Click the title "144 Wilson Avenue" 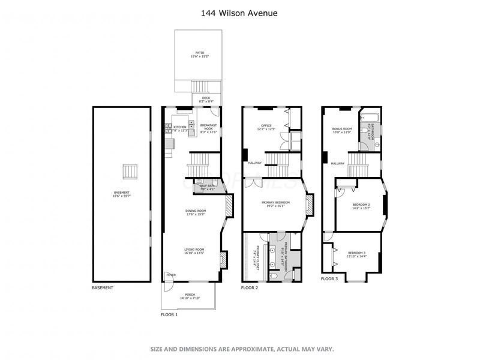[x=239, y=13]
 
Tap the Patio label [x=199, y=52]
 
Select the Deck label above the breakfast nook [x=206, y=98]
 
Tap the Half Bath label [x=207, y=187]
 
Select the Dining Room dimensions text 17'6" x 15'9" [x=195, y=214]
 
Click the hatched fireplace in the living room [x=223, y=260]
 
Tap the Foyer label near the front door [x=171, y=275]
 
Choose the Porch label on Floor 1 [x=190, y=294]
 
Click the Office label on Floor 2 [x=266, y=125]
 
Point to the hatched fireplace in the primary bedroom [x=310, y=205]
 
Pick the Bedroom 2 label [x=361, y=205]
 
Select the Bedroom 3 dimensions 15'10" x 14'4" [x=356, y=257]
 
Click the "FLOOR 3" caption [x=329, y=279]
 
